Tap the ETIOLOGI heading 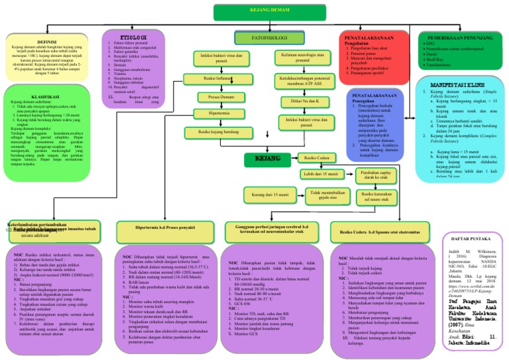click(x=129, y=37)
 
